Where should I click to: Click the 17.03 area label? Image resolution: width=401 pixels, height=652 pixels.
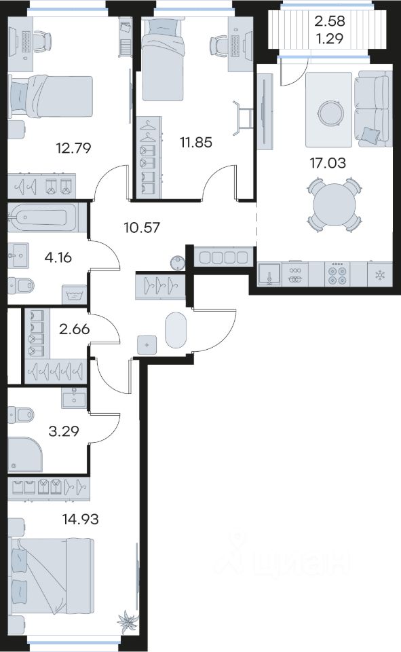[328, 162]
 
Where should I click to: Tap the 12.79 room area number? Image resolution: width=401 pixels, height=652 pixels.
[73, 147]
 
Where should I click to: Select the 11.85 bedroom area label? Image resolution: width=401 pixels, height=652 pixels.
[195, 142]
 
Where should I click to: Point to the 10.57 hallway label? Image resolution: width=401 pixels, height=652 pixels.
[142, 228]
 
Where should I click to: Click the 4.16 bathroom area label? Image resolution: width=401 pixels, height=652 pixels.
[58, 257]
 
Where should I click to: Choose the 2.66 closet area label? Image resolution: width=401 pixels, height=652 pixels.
[75, 329]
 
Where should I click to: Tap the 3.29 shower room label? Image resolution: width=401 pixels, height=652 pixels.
[64, 431]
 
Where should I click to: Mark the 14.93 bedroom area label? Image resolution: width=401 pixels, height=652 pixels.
[80, 519]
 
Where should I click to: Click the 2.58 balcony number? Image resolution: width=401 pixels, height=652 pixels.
[330, 20]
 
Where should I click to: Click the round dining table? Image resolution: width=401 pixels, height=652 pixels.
[334, 205]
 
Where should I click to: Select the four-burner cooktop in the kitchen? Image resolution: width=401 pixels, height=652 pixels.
[337, 274]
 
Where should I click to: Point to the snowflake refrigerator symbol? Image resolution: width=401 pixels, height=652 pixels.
[379, 275]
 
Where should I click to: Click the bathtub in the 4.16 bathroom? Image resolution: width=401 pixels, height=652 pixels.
[43, 217]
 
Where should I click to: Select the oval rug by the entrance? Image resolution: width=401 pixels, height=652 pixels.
[176, 330]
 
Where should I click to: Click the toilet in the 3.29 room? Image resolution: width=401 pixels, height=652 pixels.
[21, 414]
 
